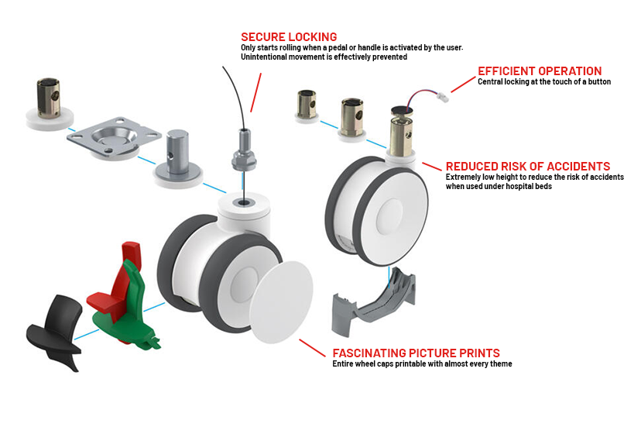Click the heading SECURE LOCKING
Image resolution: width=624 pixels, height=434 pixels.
(289, 36)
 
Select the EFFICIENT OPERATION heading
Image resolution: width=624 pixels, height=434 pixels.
(539, 71)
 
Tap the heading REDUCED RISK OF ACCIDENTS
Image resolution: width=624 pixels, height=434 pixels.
(527, 167)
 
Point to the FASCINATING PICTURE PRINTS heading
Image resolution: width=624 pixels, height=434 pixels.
(416, 353)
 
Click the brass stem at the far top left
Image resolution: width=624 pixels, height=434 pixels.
(51, 101)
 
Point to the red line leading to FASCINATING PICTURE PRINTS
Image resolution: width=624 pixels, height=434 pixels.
(313, 346)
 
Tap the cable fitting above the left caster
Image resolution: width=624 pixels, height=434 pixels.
(243, 152)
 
